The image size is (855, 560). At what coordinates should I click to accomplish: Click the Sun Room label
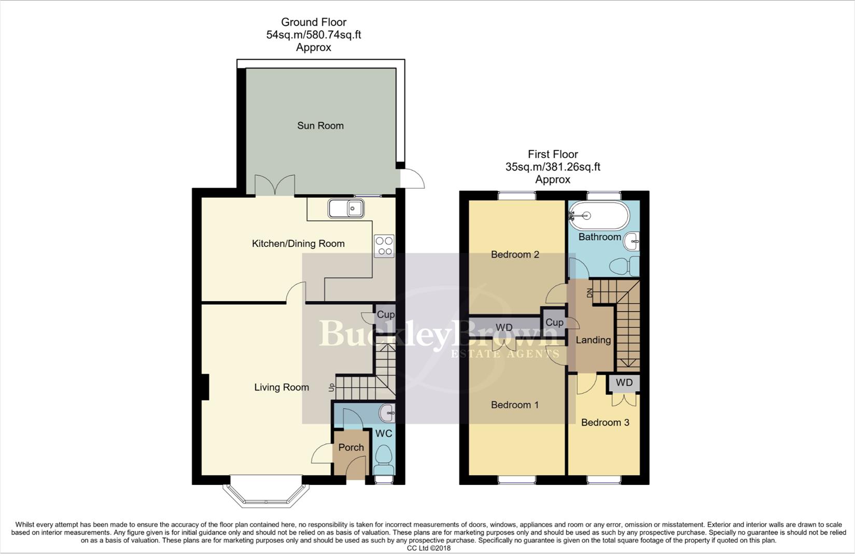320,125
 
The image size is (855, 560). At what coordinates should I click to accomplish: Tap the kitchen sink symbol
346,209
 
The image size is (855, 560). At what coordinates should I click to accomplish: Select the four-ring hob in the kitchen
384,246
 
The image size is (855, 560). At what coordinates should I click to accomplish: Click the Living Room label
282,387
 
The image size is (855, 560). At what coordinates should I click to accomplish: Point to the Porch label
351,447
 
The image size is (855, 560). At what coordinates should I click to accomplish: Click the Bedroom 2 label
515,255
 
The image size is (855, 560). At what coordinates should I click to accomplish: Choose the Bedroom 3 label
605,423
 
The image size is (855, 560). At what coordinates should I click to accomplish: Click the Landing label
593,340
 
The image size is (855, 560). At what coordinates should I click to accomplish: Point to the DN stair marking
590,292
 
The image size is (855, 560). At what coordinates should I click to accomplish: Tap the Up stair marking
330,387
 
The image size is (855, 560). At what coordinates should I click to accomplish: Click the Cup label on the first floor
554,323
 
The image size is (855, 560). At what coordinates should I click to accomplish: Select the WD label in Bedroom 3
624,383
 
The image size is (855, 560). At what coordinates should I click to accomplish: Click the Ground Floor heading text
313,22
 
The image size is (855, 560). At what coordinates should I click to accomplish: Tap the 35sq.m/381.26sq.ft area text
553,167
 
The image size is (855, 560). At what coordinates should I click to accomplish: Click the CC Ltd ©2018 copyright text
428,548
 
